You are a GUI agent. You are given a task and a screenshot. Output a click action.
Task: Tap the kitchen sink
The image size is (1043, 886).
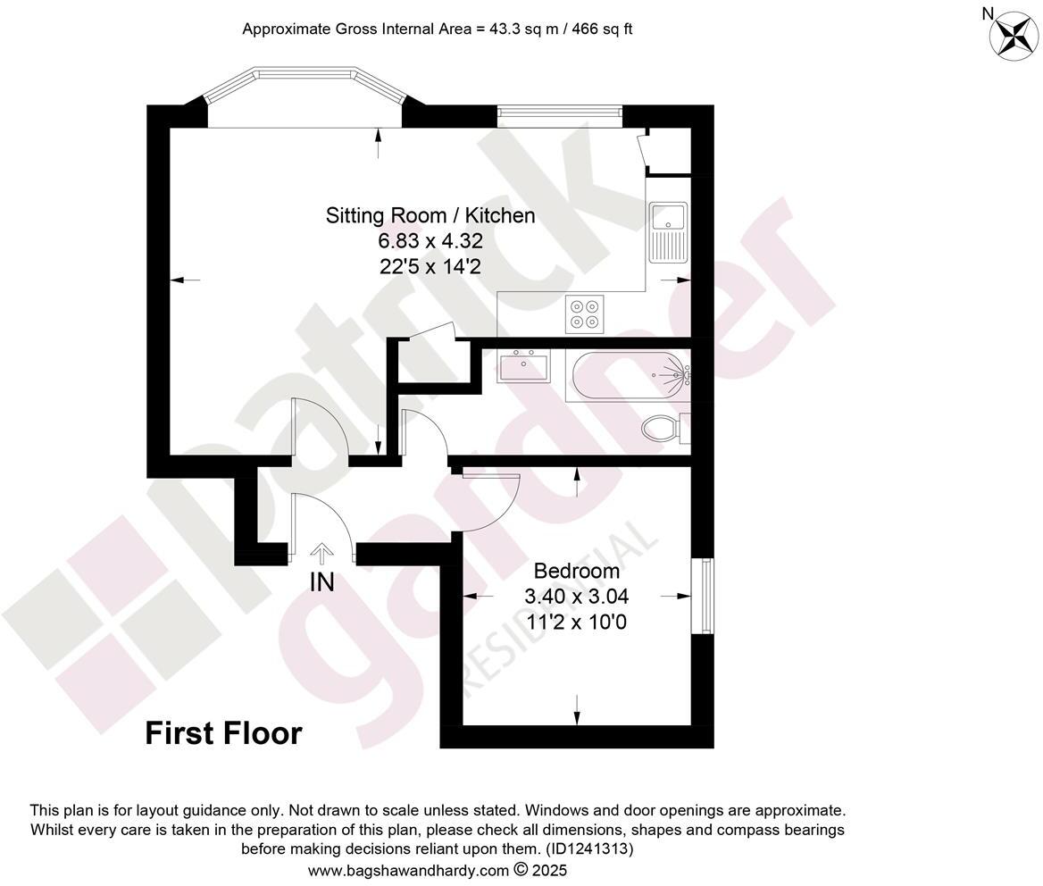pos(668,230)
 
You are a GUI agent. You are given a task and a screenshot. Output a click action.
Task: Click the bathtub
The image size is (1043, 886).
pos(629,376)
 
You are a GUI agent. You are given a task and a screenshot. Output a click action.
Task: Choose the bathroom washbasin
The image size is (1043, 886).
pos(523,366)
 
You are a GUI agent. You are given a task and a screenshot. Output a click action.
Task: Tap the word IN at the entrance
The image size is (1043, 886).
pos(321,582)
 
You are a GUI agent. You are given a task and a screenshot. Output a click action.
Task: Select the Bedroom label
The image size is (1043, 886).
pos(576,571)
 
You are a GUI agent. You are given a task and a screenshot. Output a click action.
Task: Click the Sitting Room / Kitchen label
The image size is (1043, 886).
pos(430,215)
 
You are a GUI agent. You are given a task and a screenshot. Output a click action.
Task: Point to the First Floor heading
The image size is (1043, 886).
pos(223,734)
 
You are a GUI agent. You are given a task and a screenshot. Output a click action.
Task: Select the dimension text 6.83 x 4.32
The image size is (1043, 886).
pos(430,241)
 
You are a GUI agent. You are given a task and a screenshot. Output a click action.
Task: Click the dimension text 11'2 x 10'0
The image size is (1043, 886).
pos(576,621)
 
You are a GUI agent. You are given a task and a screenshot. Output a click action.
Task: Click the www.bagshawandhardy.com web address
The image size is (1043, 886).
pos(408,870)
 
